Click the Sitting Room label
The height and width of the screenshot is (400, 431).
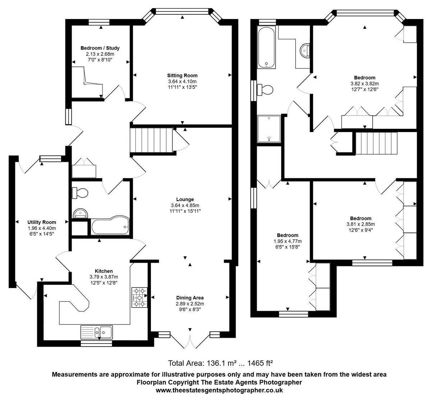click(x=182, y=76)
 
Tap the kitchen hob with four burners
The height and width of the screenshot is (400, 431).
click(x=140, y=297)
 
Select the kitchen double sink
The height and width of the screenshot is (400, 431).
click(x=97, y=332)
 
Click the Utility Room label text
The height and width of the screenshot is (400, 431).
click(x=42, y=222)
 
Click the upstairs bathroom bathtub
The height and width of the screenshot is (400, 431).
click(x=267, y=47)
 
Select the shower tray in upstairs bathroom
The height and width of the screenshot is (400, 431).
click(x=269, y=129)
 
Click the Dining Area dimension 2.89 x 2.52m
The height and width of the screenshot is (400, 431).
click(x=190, y=304)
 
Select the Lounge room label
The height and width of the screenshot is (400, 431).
click(x=185, y=199)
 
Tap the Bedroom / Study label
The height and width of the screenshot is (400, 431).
click(x=100, y=48)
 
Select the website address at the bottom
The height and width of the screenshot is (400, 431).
click(x=219, y=390)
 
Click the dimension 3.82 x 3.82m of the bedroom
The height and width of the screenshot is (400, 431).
click(x=365, y=83)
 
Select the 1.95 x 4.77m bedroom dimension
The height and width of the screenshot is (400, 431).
click(x=287, y=241)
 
